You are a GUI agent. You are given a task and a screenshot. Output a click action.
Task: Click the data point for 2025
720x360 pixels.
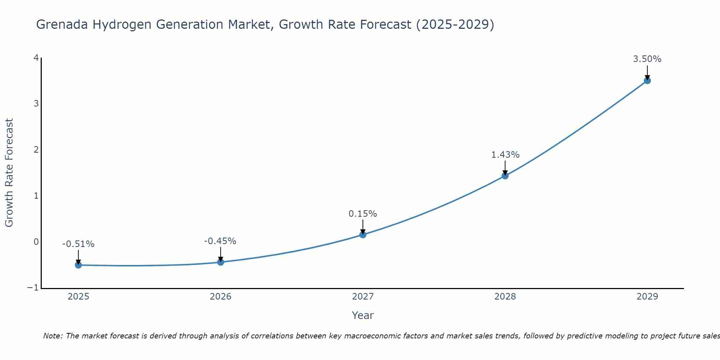(78, 265)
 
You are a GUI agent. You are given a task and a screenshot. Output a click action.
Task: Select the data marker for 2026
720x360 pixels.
(221, 262)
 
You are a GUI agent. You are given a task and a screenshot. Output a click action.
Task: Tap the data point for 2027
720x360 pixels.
(363, 235)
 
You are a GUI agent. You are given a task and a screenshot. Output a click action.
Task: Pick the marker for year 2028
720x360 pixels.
(505, 176)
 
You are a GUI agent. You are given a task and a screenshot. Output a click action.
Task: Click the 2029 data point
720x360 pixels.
(647, 81)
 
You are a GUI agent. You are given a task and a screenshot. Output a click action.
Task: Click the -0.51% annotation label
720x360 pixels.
(78, 244)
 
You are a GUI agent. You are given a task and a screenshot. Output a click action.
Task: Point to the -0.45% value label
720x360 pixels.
(220, 241)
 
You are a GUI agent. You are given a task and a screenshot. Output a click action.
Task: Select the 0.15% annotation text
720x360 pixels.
(363, 214)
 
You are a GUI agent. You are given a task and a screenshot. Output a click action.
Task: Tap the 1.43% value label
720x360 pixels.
(505, 155)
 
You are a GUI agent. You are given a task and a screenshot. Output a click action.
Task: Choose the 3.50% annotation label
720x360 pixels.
(647, 59)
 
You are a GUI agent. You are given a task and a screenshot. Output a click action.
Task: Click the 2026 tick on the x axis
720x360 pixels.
(221, 297)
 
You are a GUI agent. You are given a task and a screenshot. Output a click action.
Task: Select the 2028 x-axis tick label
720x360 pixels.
(505, 297)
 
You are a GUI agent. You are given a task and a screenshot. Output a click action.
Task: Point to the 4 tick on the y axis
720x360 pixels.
(36, 58)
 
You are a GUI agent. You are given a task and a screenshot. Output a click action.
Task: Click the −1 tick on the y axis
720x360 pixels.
(33, 288)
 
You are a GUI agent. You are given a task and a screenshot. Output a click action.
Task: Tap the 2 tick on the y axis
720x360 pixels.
(36, 150)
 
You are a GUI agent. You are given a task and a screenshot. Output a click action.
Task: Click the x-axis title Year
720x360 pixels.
(363, 315)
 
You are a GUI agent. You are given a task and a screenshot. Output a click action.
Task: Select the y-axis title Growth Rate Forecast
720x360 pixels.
(9, 173)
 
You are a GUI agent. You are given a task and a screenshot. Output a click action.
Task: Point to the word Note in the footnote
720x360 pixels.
(53, 336)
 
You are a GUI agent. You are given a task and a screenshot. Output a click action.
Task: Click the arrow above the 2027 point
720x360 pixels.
(363, 226)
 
